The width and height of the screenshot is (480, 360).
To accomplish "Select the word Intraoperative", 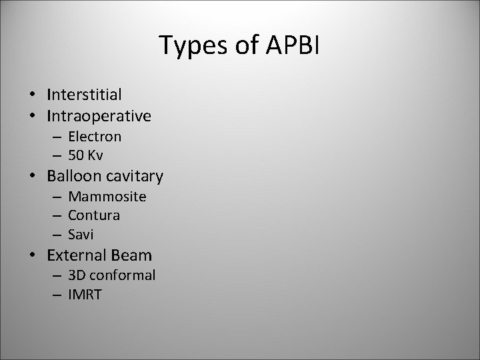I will pos(99,117).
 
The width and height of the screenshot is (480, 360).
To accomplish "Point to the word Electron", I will pos(95,137).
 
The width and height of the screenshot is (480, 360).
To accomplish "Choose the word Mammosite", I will pos(107,197).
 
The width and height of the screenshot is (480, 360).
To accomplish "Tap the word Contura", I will pos(94,215).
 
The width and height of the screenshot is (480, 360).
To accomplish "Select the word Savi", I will pos(81,235).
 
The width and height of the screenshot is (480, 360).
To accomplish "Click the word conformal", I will pos(123,275).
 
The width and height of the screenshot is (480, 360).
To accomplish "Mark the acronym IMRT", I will pos(85,295).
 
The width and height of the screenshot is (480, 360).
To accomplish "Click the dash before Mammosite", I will pos(58,197).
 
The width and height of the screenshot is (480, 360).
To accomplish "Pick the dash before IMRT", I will pos(58,295).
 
